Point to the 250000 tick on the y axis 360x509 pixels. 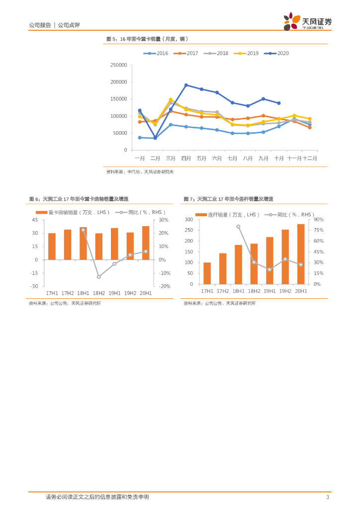click(118, 65)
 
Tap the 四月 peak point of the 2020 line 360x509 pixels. click(186, 85)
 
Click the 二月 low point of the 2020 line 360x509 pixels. click(155, 137)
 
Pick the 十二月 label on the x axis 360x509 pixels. click(310, 158)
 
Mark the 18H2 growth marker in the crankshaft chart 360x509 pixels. click(98, 276)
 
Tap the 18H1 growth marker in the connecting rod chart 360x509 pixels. click(238, 227)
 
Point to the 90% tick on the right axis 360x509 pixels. click(319, 220)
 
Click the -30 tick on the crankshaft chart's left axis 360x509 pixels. click(34, 286)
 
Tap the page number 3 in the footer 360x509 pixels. click(327, 497)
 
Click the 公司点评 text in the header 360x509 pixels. click(69, 25)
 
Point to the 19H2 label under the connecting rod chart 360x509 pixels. click(285, 291)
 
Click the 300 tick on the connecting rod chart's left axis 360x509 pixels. click(188, 220)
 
